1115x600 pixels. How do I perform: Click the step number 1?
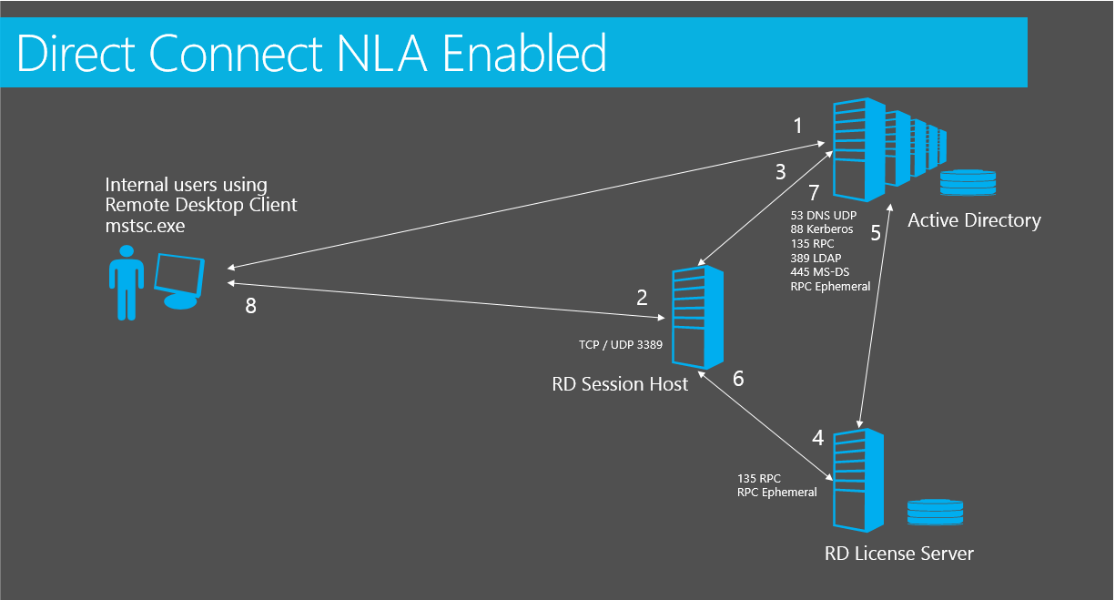798,126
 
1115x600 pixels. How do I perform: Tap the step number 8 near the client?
251,306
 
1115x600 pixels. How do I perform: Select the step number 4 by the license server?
818,438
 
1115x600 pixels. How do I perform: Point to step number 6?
739,379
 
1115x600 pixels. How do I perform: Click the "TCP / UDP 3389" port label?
621,344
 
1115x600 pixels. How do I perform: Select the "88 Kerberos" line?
822,229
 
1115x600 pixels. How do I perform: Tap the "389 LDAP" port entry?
816,258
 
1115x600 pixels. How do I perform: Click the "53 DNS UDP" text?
824,215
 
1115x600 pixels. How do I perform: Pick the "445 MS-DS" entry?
820,272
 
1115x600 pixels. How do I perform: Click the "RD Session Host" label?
620,384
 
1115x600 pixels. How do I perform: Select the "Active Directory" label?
974,220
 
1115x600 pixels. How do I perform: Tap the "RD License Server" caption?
899,554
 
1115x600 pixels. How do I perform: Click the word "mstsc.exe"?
145,226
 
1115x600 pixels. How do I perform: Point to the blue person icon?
127,282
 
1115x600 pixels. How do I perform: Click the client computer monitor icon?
179,281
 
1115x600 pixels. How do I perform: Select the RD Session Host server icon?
697,317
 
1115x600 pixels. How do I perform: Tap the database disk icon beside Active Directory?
968,183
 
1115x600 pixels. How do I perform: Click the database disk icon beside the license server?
935,512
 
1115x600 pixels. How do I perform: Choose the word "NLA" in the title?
381,54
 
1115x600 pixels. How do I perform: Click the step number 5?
876,233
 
